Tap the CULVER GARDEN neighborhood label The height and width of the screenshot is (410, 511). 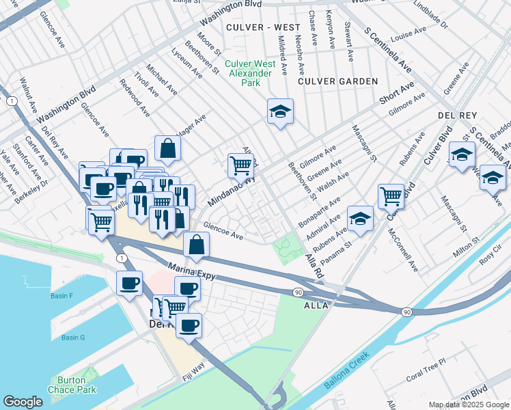(x=338, y=81)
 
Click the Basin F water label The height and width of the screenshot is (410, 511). (x=61, y=296)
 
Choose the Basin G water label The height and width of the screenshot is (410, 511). (x=72, y=338)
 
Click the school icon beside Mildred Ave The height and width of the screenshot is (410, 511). (x=279, y=111)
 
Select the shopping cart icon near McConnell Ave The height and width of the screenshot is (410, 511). (x=391, y=195)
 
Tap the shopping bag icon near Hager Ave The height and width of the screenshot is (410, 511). (x=167, y=146)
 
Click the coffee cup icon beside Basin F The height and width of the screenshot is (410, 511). (x=128, y=283)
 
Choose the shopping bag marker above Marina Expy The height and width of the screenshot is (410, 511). (x=196, y=245)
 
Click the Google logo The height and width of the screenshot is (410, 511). (x=23, y=402)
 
